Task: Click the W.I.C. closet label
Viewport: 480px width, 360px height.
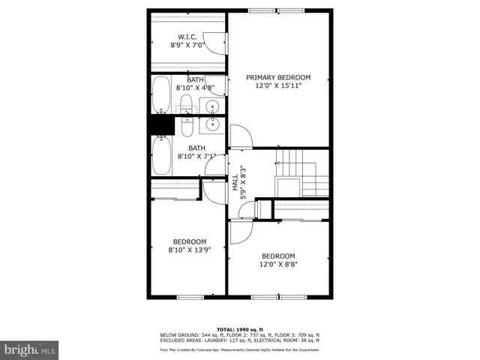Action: (187, 37)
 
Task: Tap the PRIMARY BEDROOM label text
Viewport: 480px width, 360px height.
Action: (278, 77)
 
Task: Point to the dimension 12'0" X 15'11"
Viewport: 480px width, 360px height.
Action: (278, 87)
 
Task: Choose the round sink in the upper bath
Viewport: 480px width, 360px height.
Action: (212, 106)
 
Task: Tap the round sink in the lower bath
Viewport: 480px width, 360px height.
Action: (212, 124)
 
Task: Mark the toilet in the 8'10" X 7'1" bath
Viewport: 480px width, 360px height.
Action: (186, 124)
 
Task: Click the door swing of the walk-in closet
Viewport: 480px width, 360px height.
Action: (216, 43)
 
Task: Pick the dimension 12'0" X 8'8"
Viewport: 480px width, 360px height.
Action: (278, 264)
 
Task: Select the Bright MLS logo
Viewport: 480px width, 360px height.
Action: (30, 349)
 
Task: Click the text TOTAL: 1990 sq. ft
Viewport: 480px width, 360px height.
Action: (240, 329)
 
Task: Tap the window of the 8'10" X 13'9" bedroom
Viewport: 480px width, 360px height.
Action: (189, 298)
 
